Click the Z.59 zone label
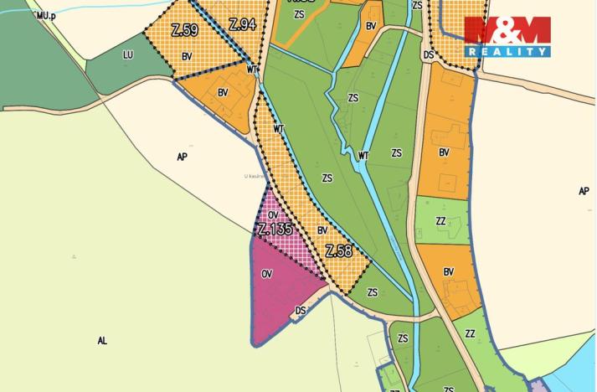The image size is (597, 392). click(183, 31)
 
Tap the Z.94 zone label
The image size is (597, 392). click(241, 24)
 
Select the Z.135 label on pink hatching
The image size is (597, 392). click(275, 229)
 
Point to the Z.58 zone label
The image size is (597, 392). click(337, 251)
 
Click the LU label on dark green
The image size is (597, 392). click(128, 55)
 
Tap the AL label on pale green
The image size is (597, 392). click(102, 341)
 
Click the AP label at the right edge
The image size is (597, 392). click(584, 191)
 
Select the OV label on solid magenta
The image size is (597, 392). click(267, 274)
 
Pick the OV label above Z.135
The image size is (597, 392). click(273, 215)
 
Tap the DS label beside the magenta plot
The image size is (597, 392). click(301, 310)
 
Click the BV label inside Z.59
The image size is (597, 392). click(186, 55)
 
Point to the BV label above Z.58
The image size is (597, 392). click(322, 230)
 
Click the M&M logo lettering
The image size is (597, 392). click(507, 32)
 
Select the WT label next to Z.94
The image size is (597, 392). click(252, 70)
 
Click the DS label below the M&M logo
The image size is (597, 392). click(429, 55)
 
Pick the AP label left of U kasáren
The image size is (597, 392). click(183, 157)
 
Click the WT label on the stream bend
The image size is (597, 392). click(363, 155)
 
